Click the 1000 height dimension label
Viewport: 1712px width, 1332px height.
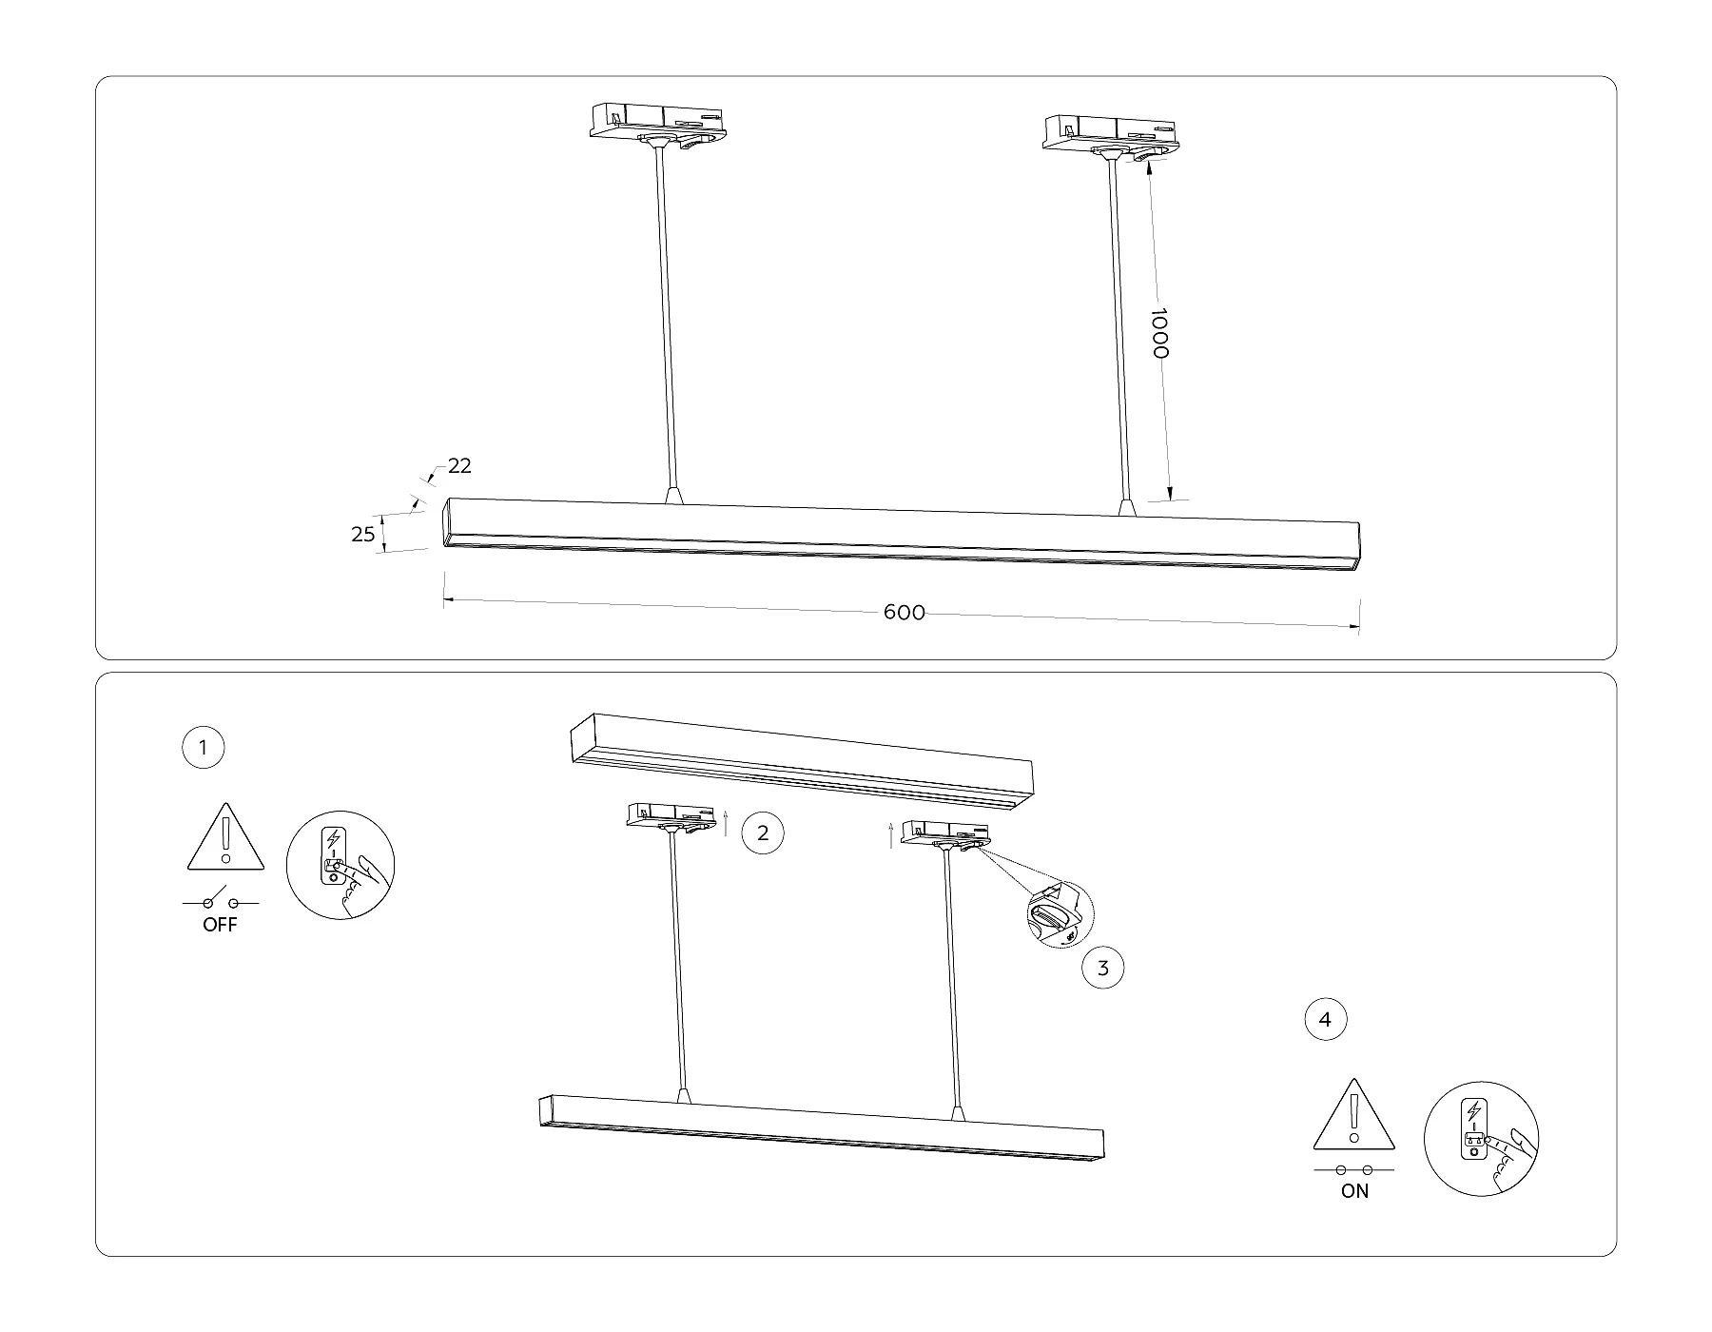click(x=1159, y=333)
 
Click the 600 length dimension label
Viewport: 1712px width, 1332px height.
click(x=905, y=613)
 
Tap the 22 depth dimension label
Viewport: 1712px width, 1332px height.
click(x=460, y=466)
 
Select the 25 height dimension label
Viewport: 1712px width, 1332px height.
click(x=363, y=535)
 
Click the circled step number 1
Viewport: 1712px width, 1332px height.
click(x=203, y=748)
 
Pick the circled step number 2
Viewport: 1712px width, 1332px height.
click(x=762, y=833)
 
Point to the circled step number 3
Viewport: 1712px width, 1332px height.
click(x=1103, y=969)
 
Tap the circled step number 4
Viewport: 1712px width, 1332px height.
click(x=1326, y=1020)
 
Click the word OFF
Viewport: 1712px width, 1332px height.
click(x=220, y=925)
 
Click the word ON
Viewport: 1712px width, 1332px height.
click(x=1354, y=1190)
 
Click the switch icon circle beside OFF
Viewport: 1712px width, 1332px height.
click(x=340, y=865)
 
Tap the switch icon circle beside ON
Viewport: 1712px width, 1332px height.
click(x=1481, y=1138)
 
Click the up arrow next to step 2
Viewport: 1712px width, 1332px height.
click(x=726, y=822)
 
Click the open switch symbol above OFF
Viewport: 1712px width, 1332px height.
click(x=220, y=898)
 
